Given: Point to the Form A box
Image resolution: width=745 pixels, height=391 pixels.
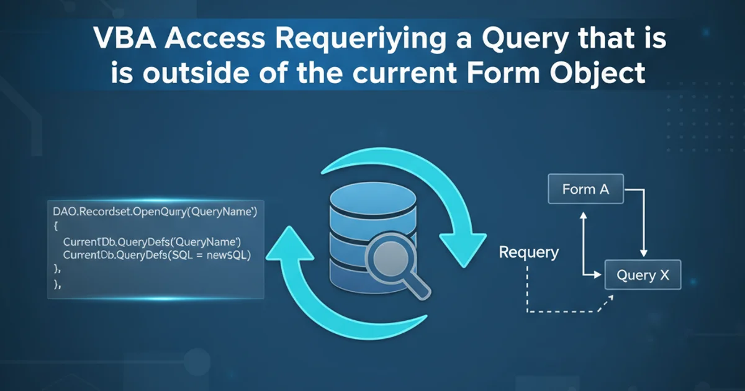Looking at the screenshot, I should (585, 189).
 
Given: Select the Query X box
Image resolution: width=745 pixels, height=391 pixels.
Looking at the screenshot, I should (643, 276).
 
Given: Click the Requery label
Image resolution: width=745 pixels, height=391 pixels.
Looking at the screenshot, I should (529, 252).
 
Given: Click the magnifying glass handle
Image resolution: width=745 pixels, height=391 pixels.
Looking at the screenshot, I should (417, 285).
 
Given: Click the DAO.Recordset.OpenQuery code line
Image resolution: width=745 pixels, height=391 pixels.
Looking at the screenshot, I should (152, 212).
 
